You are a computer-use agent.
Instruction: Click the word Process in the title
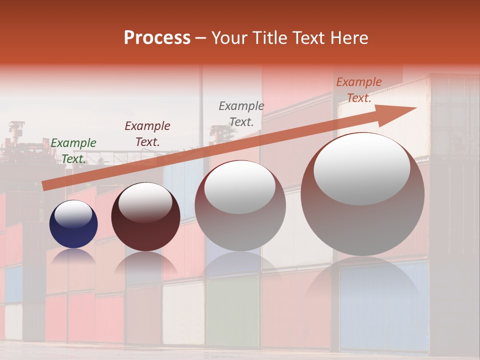click(157, 38)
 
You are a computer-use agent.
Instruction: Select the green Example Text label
click(73, 150)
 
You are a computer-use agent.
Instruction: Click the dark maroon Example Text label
click(147, 133)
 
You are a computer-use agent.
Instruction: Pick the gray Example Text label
click(241, 113)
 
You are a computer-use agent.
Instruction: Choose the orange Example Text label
click(359, 90)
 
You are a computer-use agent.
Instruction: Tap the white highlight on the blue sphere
click(73, 214)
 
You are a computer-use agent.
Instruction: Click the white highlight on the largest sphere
click(361, 168)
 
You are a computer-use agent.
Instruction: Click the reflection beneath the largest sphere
click(362, 280)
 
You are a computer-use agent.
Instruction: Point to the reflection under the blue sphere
click(73, 256)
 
